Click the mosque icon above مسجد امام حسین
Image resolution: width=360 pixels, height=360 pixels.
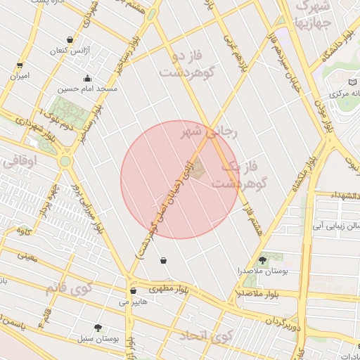(87, 78)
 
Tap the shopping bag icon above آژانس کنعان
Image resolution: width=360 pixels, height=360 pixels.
(69, 40)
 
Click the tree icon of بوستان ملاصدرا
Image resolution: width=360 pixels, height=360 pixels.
(262, 259)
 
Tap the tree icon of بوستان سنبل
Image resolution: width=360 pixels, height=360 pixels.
(98, 328)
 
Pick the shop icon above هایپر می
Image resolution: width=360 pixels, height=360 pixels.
(133, 290)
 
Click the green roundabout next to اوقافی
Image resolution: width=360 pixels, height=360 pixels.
(65, 161)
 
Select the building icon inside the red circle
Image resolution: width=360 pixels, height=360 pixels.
(198, 167)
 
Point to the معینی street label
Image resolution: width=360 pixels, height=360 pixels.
(27, 257)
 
